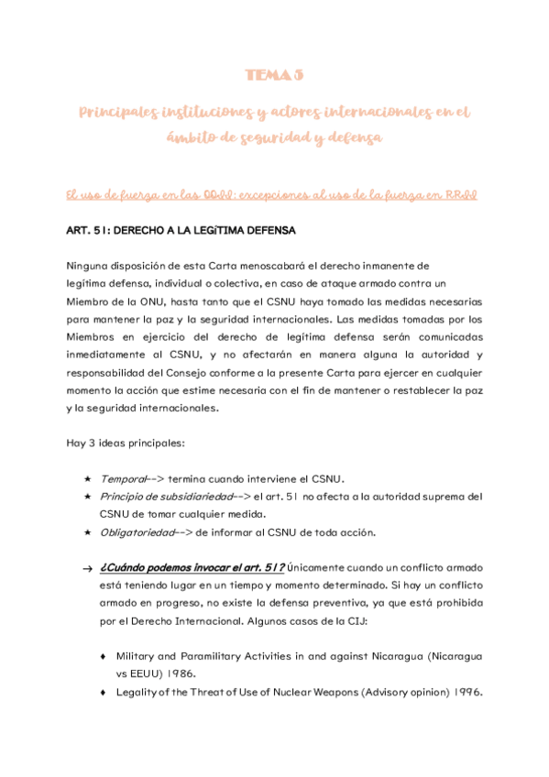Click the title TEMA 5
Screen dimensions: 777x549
point(275,74)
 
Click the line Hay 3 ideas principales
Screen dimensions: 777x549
point(126,443)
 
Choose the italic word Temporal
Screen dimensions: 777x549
point(122,478)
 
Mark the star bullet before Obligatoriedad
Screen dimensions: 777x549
point(86,532)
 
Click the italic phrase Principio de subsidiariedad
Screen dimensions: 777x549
point(160,497)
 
